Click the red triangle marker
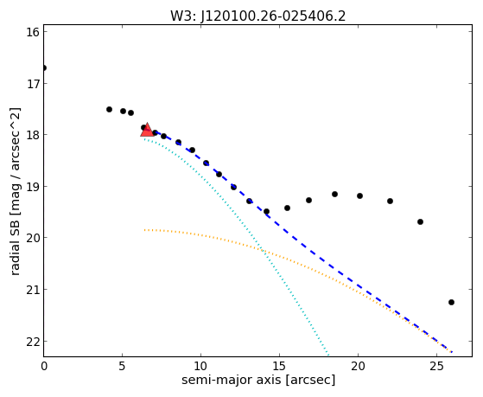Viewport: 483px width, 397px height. pos(147,130)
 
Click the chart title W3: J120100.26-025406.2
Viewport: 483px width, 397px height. pos(258,16)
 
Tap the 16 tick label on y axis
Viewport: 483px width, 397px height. pos(33,32)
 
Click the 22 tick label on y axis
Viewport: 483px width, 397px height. pos(33,342)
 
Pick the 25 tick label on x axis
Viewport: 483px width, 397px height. pos(436,366)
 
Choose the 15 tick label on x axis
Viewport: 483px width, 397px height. pos(279,366)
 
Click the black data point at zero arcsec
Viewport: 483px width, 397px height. pos(44,67)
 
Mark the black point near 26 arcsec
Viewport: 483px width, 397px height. pos(451,303)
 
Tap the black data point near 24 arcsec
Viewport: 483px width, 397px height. pos(420,221)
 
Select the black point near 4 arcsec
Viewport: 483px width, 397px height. pos(109,110)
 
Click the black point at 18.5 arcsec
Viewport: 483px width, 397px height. pos(335,195)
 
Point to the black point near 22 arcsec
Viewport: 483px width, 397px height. pos(390,202)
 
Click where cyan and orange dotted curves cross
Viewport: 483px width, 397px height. pos(263,251)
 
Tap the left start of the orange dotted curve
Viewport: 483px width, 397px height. pos(144,230)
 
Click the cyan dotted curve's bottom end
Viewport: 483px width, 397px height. pos(328,355)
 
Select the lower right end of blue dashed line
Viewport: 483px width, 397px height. pos(452,352)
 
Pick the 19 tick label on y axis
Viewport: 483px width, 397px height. pos(33,187)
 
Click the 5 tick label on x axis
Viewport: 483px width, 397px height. pos(123,366)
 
